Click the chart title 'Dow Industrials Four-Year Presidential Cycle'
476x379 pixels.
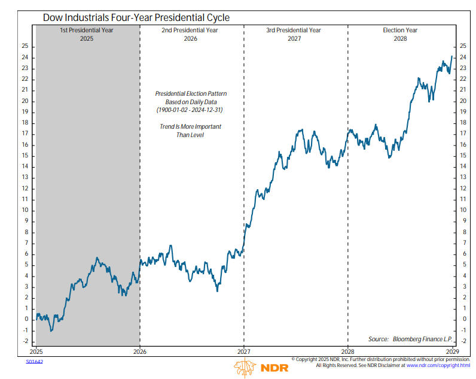137,18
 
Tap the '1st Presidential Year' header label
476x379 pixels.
87,30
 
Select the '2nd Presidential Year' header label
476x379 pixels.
191,30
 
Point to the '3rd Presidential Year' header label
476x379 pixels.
295,30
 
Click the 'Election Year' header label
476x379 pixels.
400,30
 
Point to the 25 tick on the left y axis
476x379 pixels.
25,46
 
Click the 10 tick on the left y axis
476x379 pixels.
25,210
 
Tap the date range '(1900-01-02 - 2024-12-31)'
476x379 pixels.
191,111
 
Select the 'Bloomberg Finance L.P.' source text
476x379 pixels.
423,339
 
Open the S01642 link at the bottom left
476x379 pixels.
34,361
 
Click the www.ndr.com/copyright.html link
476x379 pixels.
439,365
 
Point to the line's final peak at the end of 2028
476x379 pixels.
451,56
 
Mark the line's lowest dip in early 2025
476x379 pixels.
51,331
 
